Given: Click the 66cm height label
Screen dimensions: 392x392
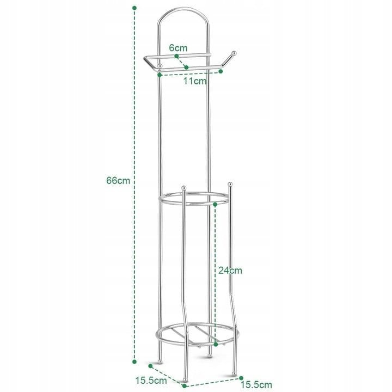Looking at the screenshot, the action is pos(118,180).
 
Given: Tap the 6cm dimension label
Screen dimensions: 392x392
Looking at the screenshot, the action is pos(178,48).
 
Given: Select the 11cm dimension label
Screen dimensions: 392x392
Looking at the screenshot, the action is pos(195,81).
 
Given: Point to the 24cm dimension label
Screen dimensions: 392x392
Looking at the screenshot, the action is pos(230,271).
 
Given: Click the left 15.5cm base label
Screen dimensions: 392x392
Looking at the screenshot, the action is pos(151,381).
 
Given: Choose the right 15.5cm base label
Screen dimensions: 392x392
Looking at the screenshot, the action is pos(256,385).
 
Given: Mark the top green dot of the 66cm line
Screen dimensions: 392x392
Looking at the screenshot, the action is pos(134,8).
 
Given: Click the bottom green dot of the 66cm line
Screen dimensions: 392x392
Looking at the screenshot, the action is pos(134,362).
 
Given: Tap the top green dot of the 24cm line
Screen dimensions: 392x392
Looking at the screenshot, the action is pos(215,205).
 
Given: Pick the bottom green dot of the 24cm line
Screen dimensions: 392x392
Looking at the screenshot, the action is pos(216,345).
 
